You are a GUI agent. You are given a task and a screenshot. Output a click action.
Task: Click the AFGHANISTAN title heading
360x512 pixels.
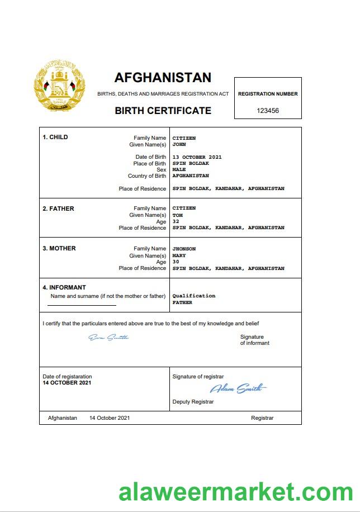tap(163, 77)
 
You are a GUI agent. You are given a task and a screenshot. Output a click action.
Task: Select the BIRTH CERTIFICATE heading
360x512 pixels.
tap(163, 111)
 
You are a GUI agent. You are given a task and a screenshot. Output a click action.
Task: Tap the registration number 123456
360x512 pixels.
tap(268, 111)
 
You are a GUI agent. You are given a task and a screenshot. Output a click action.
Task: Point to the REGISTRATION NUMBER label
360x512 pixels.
tap(268, 94)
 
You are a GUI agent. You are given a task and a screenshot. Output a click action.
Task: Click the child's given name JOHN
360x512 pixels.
tap(179, 144)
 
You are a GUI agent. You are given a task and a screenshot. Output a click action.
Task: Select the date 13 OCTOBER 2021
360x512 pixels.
tap(197, 157)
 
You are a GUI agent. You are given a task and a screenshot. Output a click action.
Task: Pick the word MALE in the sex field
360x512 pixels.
tap(179, 169)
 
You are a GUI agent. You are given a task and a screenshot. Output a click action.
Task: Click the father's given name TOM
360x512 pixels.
tap(177, 215)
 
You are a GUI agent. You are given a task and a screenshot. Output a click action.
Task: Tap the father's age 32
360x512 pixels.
tap(176, 221)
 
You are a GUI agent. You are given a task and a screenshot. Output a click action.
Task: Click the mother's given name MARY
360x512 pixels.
tap(179, 255)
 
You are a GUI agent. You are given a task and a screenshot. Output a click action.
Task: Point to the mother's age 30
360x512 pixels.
tap(176, 262)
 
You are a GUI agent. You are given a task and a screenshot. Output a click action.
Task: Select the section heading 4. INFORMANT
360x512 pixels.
tap(64, 288)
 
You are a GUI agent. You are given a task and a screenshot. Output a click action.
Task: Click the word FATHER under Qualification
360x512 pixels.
tap(182, 302)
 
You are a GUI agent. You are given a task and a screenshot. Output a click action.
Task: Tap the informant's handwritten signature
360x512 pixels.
tap(109, 337)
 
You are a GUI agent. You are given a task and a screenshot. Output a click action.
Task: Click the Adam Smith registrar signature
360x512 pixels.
tap(238, 388)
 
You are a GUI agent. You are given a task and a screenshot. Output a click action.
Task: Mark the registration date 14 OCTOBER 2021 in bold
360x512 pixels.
tap(67, 383)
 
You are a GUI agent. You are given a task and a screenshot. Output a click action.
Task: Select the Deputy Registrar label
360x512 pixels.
tap(193, 402)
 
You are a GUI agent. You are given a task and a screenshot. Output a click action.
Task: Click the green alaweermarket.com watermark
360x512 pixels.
tap(235, 493)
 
